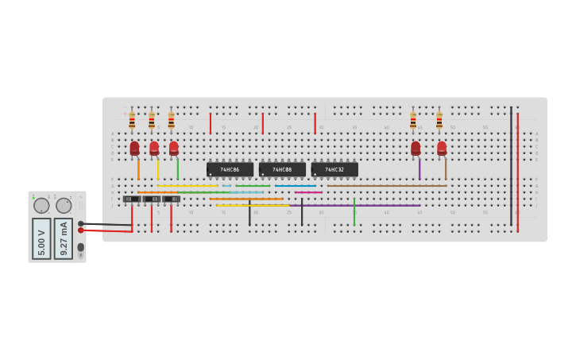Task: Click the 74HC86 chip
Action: [x=230, y=169]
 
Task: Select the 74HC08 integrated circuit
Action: [x=282, y=169]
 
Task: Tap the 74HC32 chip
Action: [x=334, y=169]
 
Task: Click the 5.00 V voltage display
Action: [x=41, y=238]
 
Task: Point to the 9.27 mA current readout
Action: [x=64, y=238]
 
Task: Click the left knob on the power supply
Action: [x=41, y=206]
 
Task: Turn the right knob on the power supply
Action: [x=64, y=206]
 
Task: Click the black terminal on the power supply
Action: [x=81, y=223]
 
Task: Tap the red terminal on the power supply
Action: [x=81, y=230]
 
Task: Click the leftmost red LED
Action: [x=134, y=148]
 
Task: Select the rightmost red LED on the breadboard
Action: [x=442, y=148]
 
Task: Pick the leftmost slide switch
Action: [x=132, y=199]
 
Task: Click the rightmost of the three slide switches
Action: [x=171, y=199]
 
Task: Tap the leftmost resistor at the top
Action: [x=132, y=120]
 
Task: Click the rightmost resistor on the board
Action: [x=439, y=120]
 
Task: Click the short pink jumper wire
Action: [x=308, y=192]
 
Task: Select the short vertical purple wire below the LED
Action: [x=419, y=169]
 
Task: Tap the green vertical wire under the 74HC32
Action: [x=354, y=211]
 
